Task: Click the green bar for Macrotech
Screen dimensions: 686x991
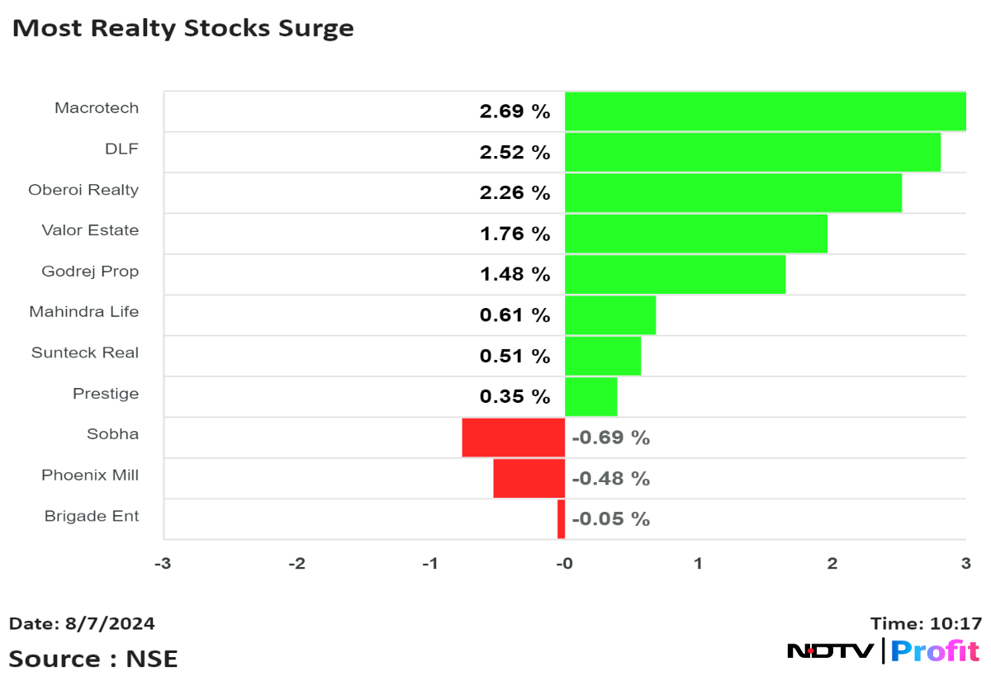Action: coord(765,111)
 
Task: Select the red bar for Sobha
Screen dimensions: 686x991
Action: coord(513,438)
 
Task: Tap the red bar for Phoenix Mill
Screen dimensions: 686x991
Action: coord(529,478)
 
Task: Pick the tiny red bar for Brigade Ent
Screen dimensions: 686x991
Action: coord(562,519)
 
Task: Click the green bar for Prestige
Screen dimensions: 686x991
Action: coord(590,396)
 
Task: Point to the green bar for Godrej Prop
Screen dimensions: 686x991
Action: coord(675,274)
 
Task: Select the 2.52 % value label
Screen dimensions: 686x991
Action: coord(514,153)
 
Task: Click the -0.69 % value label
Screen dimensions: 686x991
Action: coord(610,438)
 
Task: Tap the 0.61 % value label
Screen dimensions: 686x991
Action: coord(514,315)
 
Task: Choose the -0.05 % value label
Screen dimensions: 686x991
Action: coord(610,519)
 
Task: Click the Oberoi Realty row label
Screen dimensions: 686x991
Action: coord(83,190)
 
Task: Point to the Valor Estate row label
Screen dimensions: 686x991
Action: coord(90,230)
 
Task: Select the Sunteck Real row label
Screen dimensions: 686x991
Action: coord(85,352)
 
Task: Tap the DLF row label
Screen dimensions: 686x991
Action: coord(121,149)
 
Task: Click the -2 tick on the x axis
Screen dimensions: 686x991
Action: coord(296,564)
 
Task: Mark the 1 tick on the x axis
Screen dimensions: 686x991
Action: coord(698,564)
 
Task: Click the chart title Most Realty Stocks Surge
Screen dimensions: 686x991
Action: coord(183,28)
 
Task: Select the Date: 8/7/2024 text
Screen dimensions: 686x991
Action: coord(82,623)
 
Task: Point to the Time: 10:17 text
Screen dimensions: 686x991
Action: coord(926,623)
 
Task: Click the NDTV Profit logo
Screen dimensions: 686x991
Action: coord(883,651)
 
